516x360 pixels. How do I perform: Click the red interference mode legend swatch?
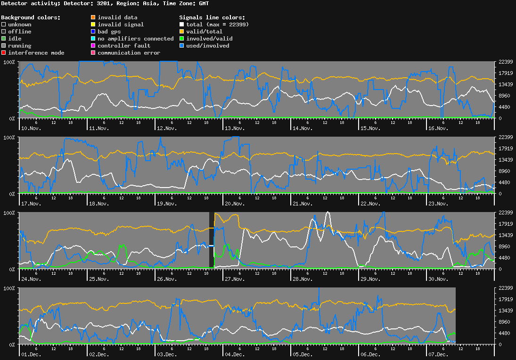click(4, 53)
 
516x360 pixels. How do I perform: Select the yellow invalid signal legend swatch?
click(93, 25)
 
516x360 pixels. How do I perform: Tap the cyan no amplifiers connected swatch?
click(93, 39)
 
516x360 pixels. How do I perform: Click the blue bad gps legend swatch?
click(93, 32)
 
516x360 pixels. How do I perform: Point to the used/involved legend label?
click(208, 46)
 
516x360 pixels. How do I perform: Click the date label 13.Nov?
click(234, 128)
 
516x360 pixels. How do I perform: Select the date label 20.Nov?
click(234, 204)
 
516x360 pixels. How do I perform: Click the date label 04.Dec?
click(234, 354)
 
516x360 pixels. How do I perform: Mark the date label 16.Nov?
click(437, 128)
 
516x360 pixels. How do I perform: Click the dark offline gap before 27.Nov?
click(212, 240)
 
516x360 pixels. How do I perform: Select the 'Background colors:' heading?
click(31, 17)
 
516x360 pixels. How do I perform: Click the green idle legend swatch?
click(4, 39)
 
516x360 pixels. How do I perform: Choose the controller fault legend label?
click(124, 46)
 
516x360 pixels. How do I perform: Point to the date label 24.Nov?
click(31, 279)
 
